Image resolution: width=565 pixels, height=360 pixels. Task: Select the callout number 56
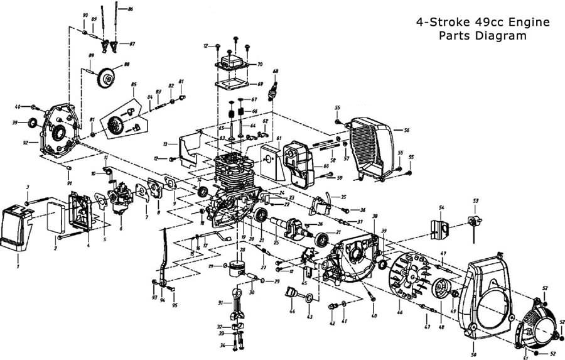click(x=407, y=130)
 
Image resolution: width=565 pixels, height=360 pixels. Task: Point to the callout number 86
click(x=130, y=9)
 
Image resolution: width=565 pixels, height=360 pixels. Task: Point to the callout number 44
click(x=292, y=310)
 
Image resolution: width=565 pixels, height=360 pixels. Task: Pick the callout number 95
click(x=175, y=305)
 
